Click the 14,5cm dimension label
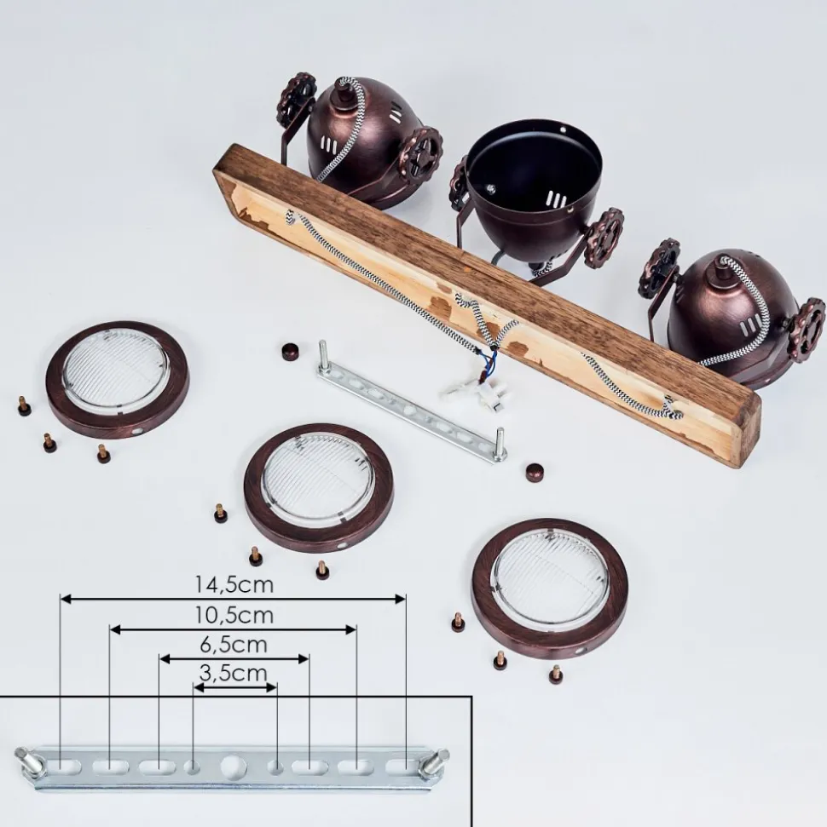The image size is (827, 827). (x=234, y=584)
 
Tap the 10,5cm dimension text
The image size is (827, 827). (x=234, y=615)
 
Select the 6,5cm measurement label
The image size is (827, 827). (x=234, y=645)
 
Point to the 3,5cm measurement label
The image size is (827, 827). (x=234, y=673)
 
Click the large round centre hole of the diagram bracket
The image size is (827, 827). (x=234, y=767)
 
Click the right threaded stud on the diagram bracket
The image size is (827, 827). (x=437, y=760)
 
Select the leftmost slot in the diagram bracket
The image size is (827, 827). (x=63, y=766)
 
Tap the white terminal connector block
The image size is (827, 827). (x=486, y=396)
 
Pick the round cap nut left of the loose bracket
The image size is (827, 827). (x=290, y=351)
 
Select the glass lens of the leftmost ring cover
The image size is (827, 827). (x=116, y=365)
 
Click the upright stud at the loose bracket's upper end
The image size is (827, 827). (x=322, y=356)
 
